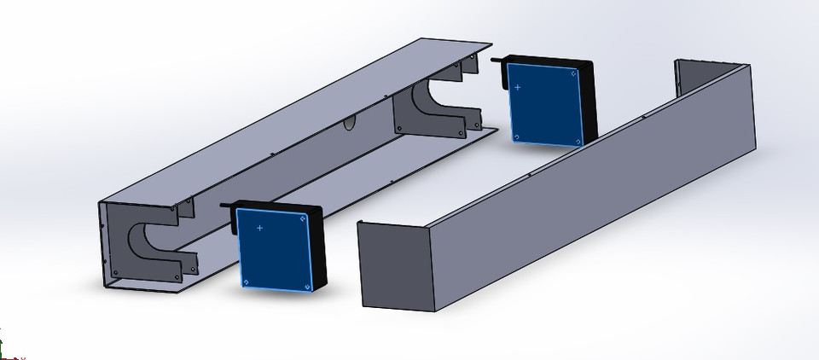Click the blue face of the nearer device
coord(271,249)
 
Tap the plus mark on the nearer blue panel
coord(259,229)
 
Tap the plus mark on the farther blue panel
coord(517,87)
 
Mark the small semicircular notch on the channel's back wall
coord(349,125)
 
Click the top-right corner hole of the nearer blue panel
coord(302,218)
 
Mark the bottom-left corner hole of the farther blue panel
coord(516,136)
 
